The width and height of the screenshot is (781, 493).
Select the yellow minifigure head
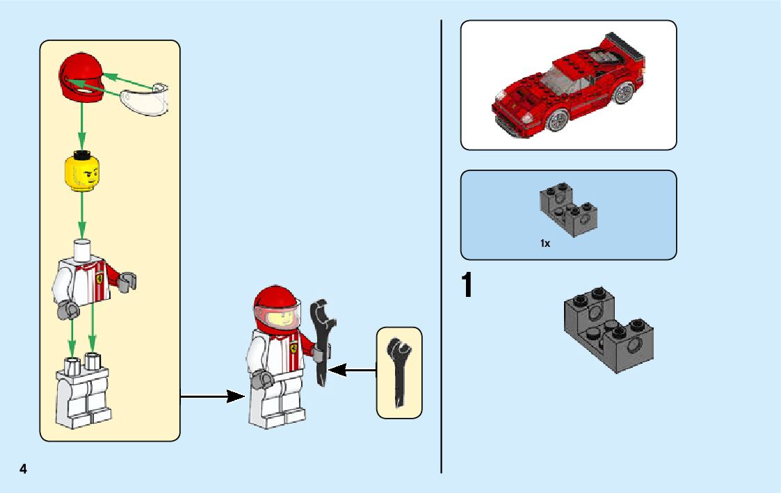pyautogui.click(x=82, y=172)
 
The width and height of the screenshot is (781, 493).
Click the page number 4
pyautogui.click(x=23, y=469)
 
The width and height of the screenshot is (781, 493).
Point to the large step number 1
pyautogui.click(x=467, y=286)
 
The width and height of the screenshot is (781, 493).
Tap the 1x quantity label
pyautogui.click(x=545, y=243)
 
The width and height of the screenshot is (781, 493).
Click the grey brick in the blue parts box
pyautogui.click(x=569, y=207)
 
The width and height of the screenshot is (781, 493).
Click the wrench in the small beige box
pyautogui.click(x=399, y=372)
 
